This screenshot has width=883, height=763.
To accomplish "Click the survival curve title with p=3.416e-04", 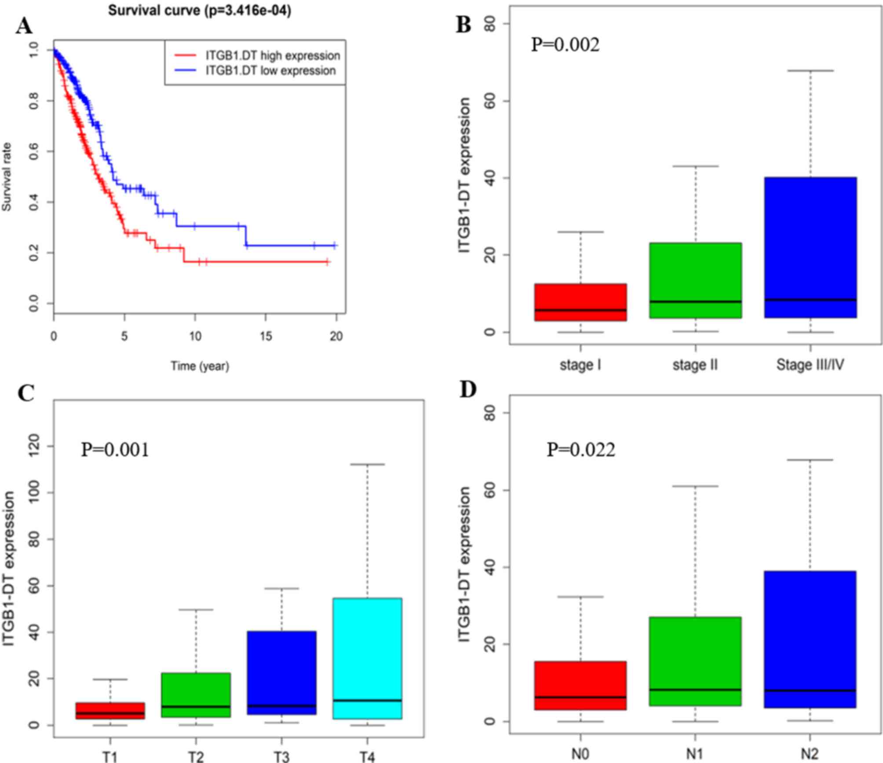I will tap(200, 11).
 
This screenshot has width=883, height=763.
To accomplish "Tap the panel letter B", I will tap(463, 25).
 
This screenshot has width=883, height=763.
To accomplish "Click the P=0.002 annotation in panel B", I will tap(565, 44).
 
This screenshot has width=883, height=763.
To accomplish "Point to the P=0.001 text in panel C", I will tap(115, 449).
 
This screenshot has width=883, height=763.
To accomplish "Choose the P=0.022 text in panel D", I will tap(581, 449).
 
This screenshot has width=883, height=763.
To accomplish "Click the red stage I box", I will tap(580, 302).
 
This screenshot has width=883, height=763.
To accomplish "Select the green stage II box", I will tap(695, 280).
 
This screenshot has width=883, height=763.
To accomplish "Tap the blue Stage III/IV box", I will tap(810, 247).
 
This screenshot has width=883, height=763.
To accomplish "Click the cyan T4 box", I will tap(367, 658).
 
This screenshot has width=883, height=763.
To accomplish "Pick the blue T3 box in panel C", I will tap(281, 673).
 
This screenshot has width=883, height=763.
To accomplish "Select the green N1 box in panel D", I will tap(695, 661).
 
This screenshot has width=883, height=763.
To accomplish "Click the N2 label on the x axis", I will tap(810, 754).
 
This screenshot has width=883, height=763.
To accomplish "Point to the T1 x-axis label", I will tap(110, 756).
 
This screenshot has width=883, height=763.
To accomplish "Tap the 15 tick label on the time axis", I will tap(266, 336).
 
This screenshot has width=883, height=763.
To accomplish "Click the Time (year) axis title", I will tap(200, 365).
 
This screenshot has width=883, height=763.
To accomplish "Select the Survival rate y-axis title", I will tap(7, 177).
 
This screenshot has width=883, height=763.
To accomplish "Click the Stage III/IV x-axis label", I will tap(810, 365).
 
